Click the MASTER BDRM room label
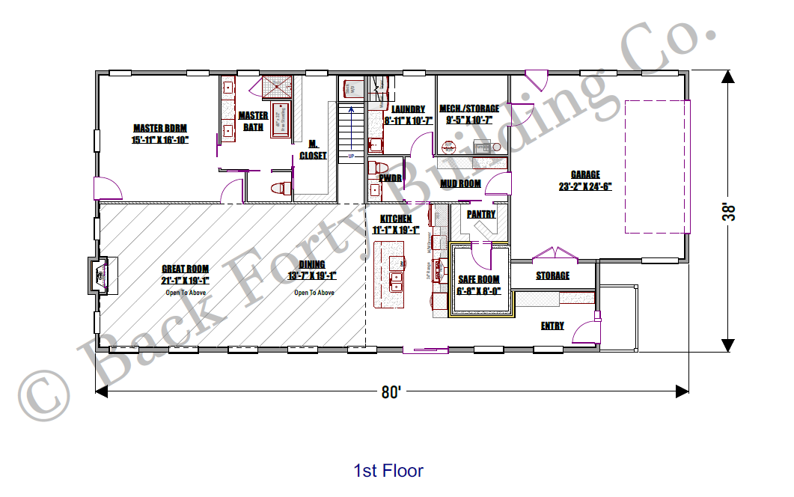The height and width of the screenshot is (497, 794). (x=159, y=128)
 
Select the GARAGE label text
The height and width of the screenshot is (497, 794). (x=585, y=175)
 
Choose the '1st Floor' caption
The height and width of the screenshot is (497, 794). (x=388, y=471)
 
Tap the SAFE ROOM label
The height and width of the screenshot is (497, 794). (x=478, y=280)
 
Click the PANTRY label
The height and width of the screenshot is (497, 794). (x=481, y=214)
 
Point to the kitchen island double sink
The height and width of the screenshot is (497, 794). (x=397, y=281)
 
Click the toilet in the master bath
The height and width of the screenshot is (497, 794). (x=280, y=188)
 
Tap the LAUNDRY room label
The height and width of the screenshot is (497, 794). (x=408, y=109)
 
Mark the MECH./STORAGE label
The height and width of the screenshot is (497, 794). (x=469, y=109)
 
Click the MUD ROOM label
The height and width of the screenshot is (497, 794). (x=460, y=183)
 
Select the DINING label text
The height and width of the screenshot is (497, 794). (x=312, y=264)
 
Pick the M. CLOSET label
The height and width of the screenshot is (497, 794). (x=313, y=150)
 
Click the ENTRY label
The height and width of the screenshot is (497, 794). (x=552, y=326)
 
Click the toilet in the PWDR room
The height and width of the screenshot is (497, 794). (x=378, y=166)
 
